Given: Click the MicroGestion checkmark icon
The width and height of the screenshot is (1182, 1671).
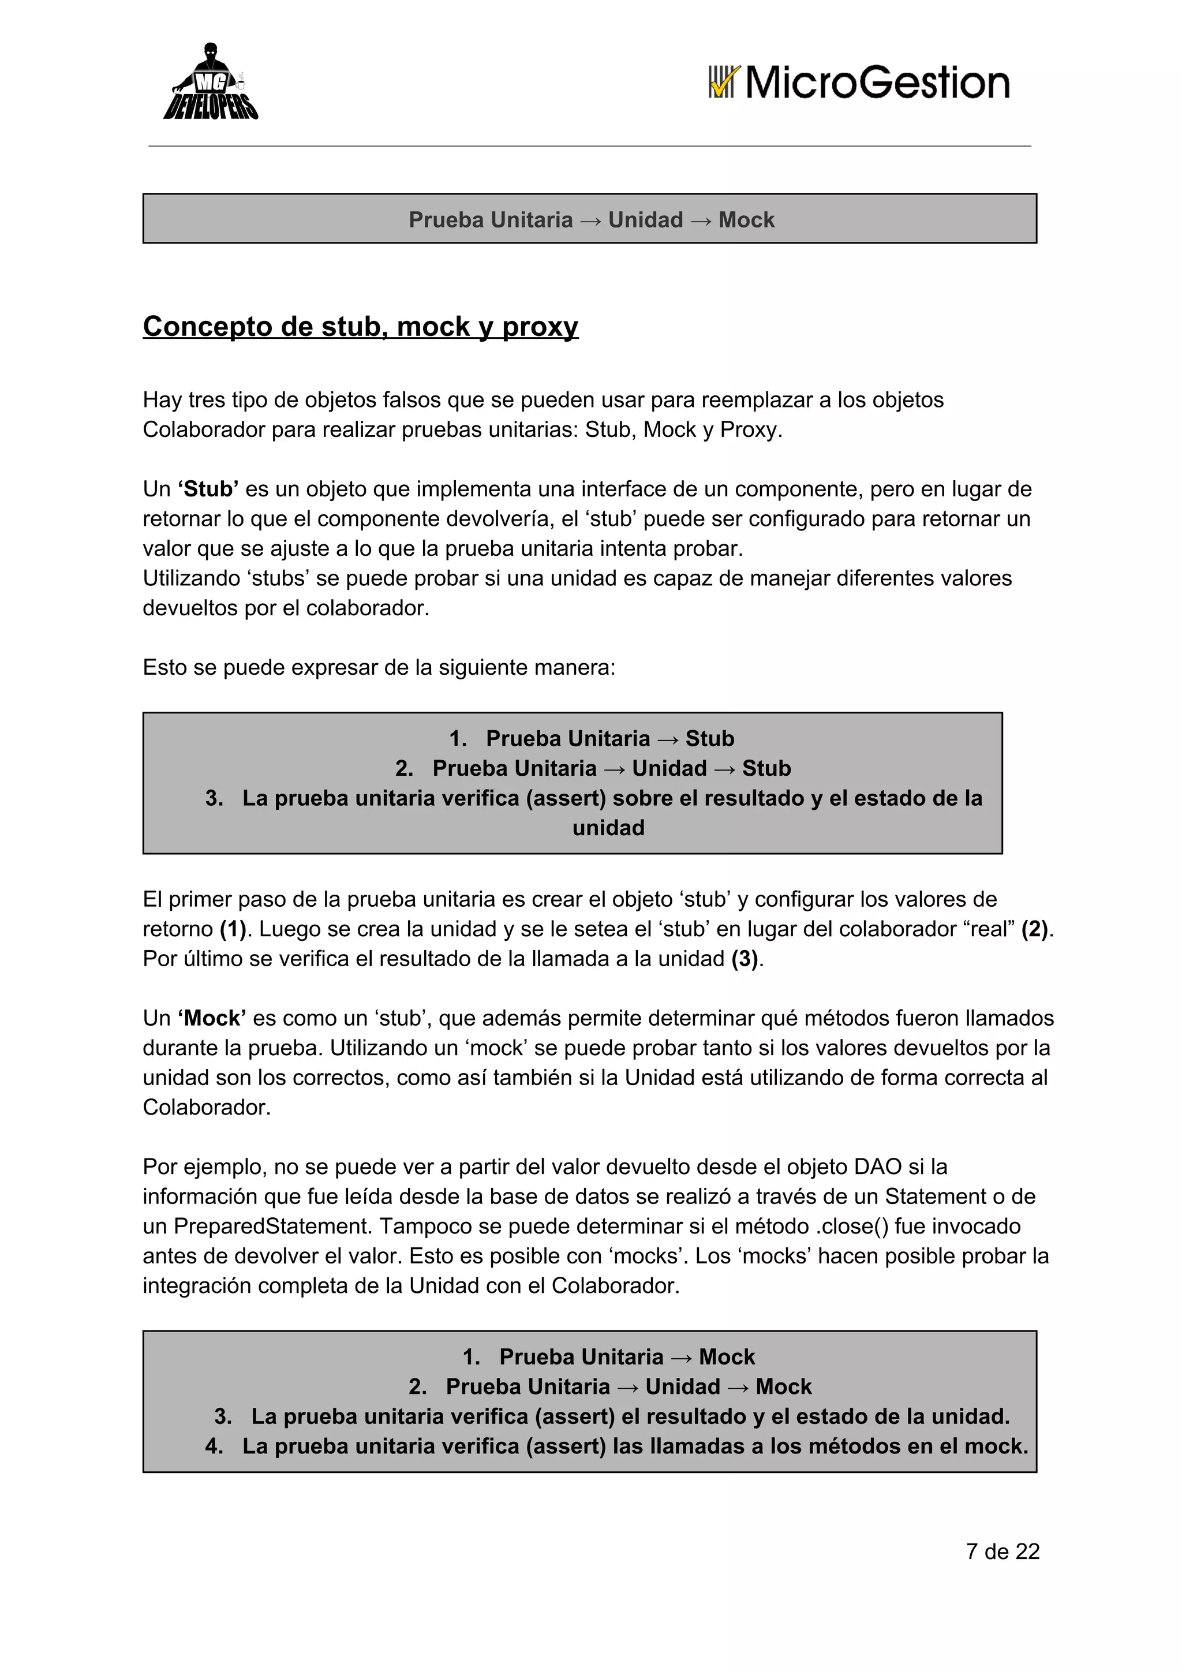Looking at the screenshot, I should click(724, 82).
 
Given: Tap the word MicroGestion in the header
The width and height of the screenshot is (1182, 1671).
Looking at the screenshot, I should click(877, 82).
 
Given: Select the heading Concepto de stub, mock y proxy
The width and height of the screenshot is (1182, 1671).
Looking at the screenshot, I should click(360, 326).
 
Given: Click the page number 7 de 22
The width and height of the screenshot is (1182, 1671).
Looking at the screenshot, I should click(1003, 1551).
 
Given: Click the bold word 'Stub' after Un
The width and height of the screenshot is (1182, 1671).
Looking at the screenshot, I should click(208, 489).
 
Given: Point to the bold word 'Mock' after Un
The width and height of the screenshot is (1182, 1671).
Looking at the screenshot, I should click(212, 1018).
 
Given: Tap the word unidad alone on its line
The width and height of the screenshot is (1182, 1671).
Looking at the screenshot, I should click(608, 828).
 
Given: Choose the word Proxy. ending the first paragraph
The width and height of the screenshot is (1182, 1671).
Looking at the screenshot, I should click(751, 429).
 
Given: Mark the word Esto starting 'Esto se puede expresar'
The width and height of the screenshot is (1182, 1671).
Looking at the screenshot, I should click(164, 667).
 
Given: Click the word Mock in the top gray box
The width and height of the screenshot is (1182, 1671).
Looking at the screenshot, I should click(746, 220).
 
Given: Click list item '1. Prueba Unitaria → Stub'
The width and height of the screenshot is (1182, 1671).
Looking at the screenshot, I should click(591, 739).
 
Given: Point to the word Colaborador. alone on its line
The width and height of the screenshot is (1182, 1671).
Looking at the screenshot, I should click(207, 1107).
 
